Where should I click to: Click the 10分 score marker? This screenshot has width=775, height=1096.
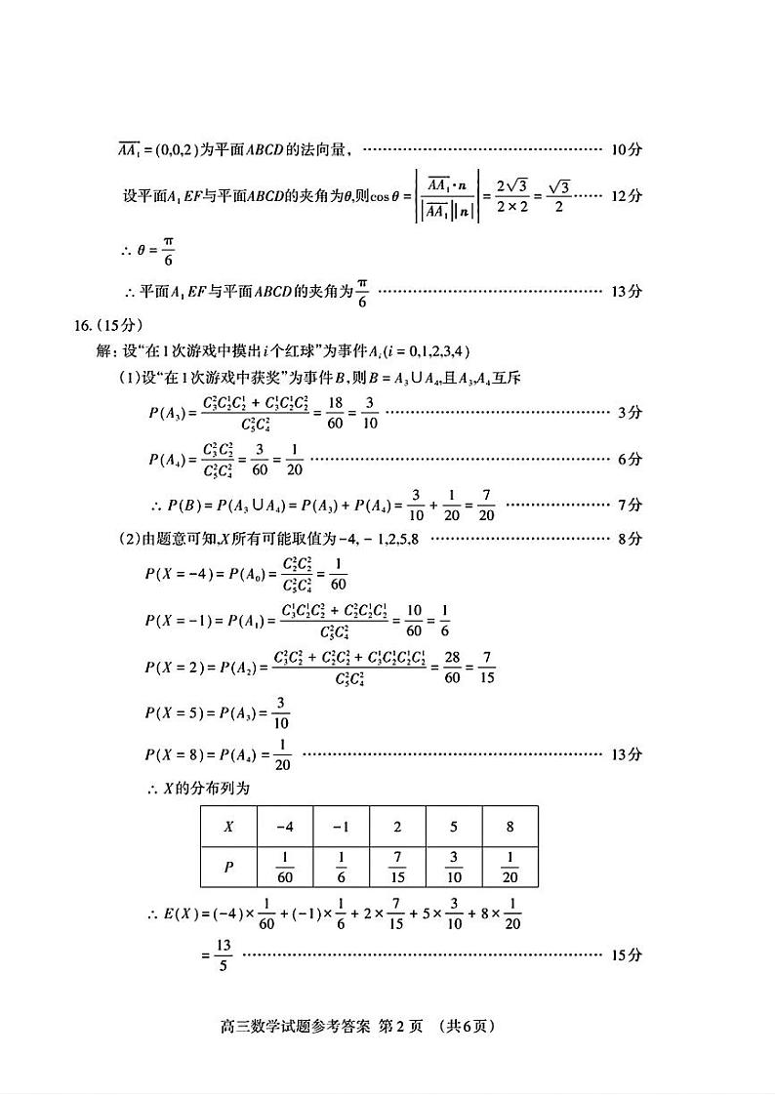(x=625, y=150)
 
